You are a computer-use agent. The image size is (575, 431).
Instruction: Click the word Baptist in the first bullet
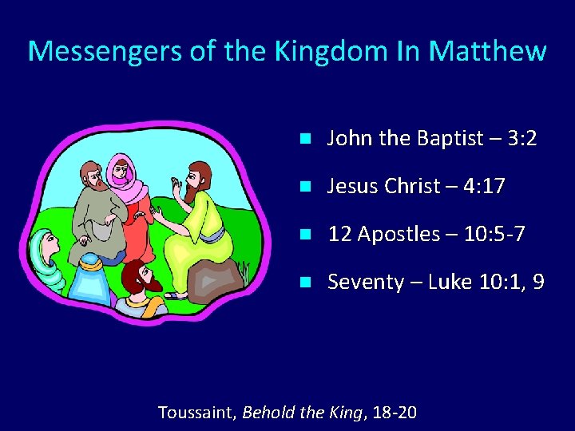pos(450,139)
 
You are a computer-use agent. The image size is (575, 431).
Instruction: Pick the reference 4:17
pos(482,187)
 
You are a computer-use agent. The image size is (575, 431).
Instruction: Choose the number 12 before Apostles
pos(339,235)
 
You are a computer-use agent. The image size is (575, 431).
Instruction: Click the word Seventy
pos(366,283)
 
